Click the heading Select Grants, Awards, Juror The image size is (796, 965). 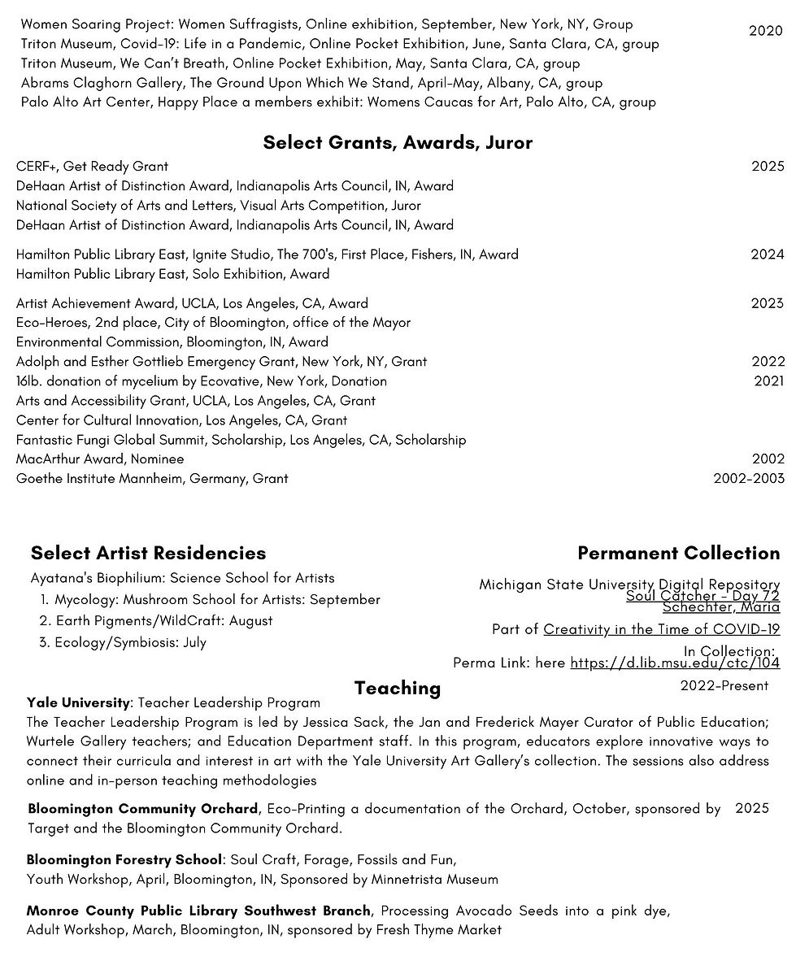point(398,143)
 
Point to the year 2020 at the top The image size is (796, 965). point(766,31)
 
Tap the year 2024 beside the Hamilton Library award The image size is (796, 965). point(767,254)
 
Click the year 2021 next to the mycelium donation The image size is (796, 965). point(768,381)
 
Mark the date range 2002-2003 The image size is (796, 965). point(749,479)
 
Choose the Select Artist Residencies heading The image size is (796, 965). point(148,554)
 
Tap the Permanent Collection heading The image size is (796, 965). point(678,554)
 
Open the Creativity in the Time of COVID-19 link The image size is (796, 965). point(661,629)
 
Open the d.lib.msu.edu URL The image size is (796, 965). point(675,663)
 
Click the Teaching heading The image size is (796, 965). point(398,689)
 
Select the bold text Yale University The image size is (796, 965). point(78,702)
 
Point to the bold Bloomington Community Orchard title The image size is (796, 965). point(143,810)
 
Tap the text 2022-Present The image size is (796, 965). point(724,686)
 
